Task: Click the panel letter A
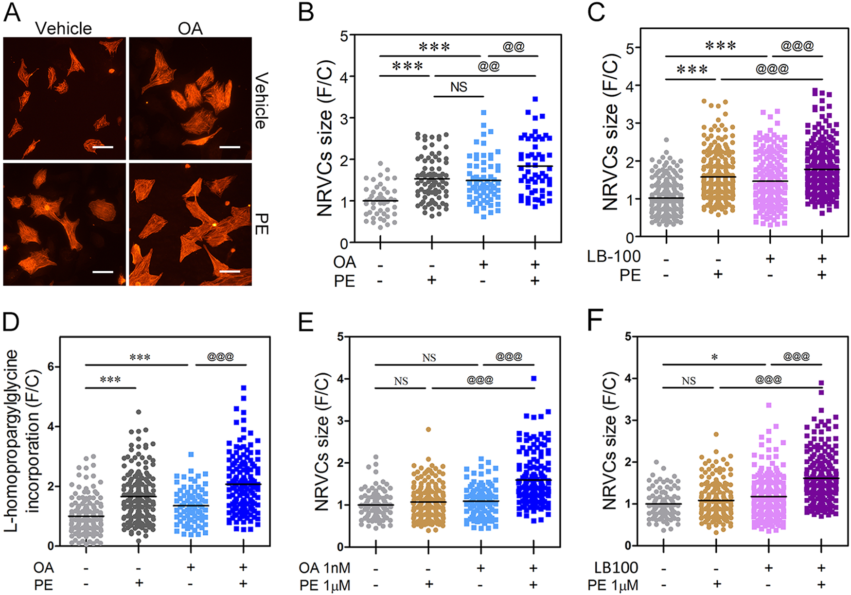point(12,12)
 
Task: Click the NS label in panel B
point(459,87)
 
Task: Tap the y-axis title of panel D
point(22,440)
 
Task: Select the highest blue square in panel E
point(533,378)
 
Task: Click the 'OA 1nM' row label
point(324,568)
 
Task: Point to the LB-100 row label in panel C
point(614,256)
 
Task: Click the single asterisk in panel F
point(714,358)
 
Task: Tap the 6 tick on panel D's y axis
point(50,367)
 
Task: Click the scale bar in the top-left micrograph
point(103,146)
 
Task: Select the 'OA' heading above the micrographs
point(190,28)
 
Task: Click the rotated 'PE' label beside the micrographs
point(262,224)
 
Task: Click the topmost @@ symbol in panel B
point(514,47)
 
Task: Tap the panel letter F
point(595,321)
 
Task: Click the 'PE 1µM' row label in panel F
point(613,585)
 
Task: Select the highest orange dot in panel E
point(428,429)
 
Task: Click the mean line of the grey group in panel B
point(380,201)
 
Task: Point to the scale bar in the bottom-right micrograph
point(233,272)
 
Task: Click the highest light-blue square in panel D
point(192,454)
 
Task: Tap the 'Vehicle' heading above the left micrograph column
point(63,28)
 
